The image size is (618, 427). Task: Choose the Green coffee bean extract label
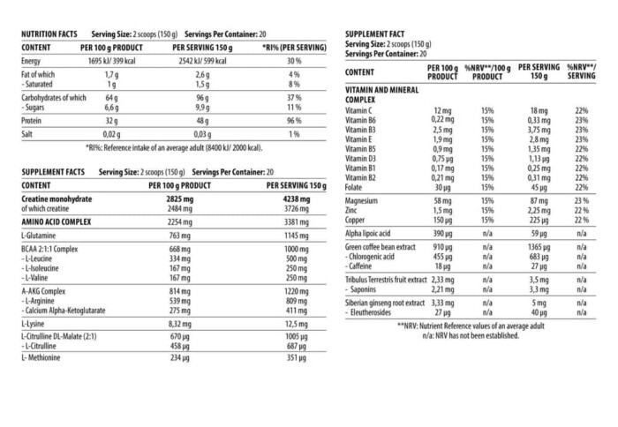coord(387,249)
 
